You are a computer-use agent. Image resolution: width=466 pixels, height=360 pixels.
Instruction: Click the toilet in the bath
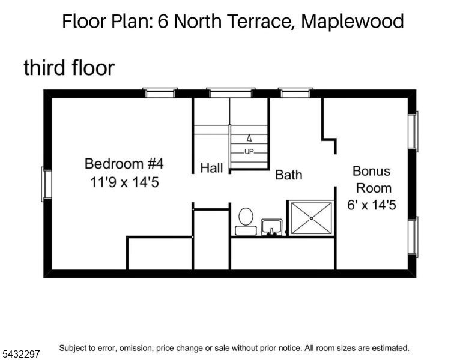click(246, 221)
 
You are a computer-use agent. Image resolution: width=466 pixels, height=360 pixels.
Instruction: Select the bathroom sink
click(271, 227)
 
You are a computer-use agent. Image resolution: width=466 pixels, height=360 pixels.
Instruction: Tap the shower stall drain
click(312, 218)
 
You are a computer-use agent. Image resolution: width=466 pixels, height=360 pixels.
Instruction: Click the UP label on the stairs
click(249, 152)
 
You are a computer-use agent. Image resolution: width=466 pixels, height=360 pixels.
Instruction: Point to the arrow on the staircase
click(249, 138)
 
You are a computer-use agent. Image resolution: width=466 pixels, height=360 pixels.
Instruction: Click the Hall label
click(211, 168)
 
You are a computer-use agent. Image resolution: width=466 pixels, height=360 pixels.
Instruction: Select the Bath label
click(289, 175)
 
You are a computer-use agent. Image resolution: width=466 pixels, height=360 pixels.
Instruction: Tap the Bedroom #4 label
click(124, 164)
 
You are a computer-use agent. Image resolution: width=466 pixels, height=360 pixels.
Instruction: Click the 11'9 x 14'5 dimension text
click(124, 182)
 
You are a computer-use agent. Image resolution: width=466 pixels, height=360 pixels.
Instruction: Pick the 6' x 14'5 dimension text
click(372, 205)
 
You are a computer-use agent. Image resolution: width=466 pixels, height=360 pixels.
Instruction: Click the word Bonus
click(371, 171)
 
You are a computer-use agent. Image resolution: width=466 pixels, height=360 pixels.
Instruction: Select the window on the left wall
click(46, 184)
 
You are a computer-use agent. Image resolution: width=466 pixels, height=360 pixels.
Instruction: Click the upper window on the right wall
click(413, 131)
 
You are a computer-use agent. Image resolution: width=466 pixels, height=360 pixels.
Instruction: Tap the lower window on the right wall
click(413, 237)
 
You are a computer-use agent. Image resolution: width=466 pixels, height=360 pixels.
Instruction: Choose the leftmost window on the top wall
click(160, 92)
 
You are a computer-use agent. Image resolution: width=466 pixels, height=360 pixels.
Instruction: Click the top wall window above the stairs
click(231, 92)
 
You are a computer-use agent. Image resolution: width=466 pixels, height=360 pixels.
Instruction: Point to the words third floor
click(69, 68)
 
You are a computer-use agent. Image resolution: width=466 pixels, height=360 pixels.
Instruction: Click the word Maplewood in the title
click(353, 21)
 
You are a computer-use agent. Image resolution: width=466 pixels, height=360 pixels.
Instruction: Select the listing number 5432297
click(21, 354)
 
